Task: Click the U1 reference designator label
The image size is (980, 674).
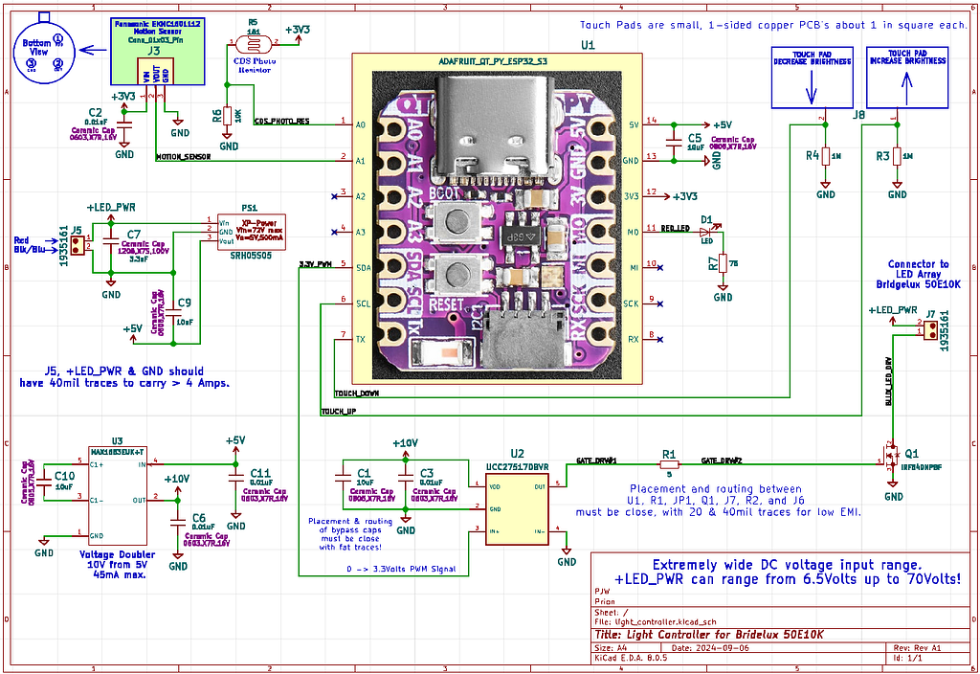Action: coord(588,45)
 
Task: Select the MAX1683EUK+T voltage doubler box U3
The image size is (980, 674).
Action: coord(116,493)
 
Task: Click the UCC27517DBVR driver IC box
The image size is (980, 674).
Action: coord(518,509)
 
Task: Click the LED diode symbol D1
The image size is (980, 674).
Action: coord(708,230)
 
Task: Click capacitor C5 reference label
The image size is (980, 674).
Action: coord(694,138)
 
